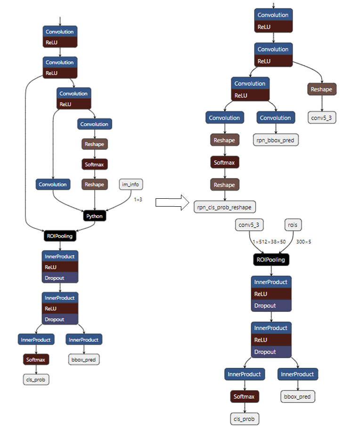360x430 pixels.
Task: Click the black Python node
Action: (x=94, y=216)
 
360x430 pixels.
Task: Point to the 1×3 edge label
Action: (x=138, y=200)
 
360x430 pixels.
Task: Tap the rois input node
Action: (x=293, y=225)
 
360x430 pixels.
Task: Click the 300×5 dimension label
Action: (x=303, y=242)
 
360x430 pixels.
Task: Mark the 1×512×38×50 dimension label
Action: (x=269, y=242)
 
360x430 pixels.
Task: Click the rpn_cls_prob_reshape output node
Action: (x=225, y=206)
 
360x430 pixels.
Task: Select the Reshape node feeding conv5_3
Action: (x=322, y=89)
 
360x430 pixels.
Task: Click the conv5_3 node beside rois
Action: (x=249, y=225)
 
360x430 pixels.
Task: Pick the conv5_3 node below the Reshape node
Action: (x=322, y=117)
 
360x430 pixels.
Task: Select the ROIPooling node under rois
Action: (x=271, y=260)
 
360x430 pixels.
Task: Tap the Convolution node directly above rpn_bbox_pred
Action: (x=276, y=118)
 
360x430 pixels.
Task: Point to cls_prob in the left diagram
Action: (x=36, y=379)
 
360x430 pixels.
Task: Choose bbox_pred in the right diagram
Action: (x=298, y=397)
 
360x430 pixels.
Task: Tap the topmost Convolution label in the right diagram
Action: (x=273, y=15)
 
